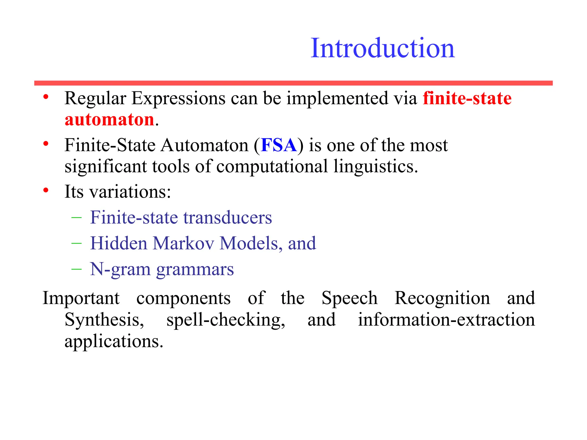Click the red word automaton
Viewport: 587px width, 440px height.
click(109, 120)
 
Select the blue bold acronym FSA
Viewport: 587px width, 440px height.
click(279, 145)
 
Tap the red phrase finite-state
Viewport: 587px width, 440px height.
click(467, 99)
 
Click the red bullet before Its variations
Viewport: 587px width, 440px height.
click(46, 190)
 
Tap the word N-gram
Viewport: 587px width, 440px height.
click(120, 270)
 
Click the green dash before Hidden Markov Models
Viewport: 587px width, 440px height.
click(77, 243)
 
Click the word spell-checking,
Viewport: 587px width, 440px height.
click(226, 320)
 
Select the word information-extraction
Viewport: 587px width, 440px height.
click(446, 320)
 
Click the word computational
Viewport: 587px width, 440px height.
click(272, 166)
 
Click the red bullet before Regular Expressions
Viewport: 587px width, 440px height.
click(46, 97)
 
